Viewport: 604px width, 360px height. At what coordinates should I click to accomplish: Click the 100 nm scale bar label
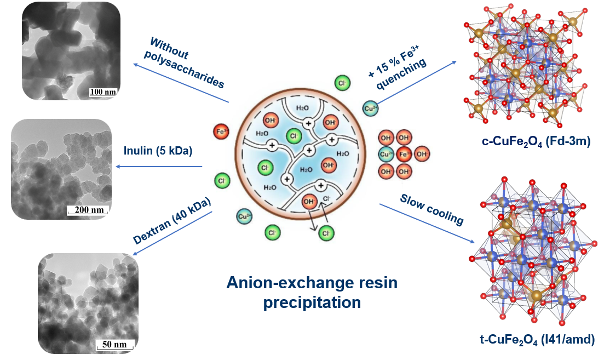tap(102, 92)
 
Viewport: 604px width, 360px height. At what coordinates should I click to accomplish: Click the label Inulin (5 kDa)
tap(158, 150)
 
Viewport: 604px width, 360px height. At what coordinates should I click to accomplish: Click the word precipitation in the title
tap(312, 302)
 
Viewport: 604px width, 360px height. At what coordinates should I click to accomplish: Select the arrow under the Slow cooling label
tap(427, 224)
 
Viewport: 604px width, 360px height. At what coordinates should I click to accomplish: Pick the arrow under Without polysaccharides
tap(181, 83)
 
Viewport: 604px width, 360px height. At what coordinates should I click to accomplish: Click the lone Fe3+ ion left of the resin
tap(221, 132)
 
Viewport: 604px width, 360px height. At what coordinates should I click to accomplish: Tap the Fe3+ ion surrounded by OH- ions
tap(404, 155)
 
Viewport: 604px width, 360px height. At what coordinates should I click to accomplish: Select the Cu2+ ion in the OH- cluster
tap(386, 155)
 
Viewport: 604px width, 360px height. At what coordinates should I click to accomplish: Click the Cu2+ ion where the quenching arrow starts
tap(370, 108)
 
